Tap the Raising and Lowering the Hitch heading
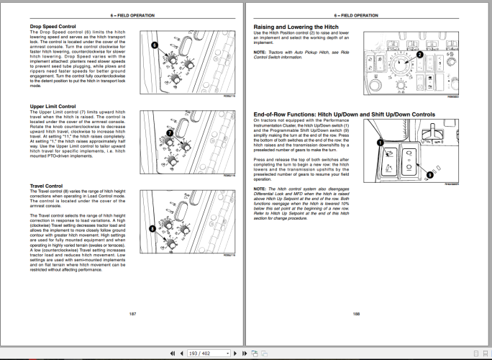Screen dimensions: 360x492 coord(297,27)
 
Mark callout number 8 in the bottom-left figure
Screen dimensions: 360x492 coord(152,228)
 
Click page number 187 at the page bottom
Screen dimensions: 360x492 coord(132,314)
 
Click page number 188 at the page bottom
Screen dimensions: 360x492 coord(356,314)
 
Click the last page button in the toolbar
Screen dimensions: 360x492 coord(245,354)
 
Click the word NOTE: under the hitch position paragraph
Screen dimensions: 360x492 coord(260,53)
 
